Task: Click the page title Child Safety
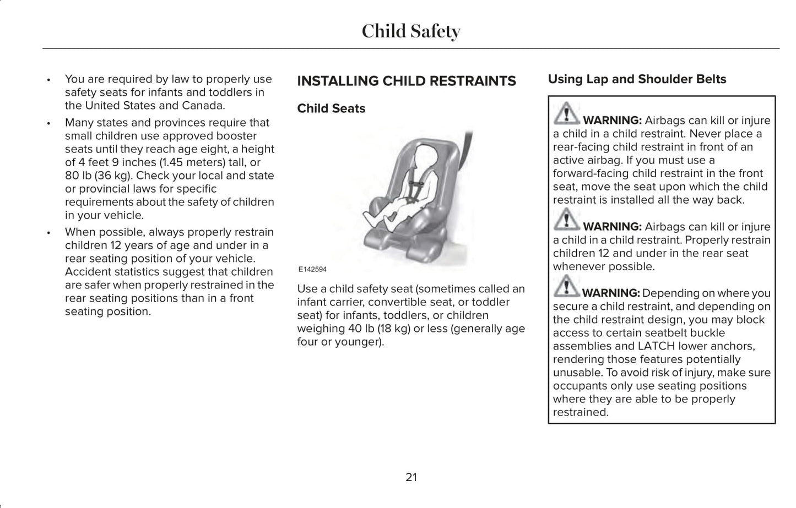click(411, 31)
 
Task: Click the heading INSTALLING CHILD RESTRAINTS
click(407, 81)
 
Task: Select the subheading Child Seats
click(331, 108)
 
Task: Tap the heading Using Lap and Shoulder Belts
click(637, 79)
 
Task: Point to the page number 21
click(411, 477)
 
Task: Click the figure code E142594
click(312, 270)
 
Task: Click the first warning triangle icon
click(565, 114)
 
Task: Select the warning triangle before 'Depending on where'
click(565, 287)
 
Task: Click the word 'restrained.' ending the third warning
click(581, 412)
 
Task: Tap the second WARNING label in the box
click(612, 227)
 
